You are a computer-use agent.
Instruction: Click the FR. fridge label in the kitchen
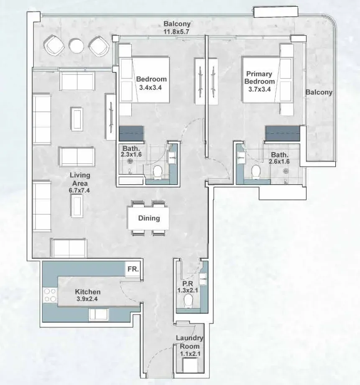coord(133,269)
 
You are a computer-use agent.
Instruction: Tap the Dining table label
coord(149,218)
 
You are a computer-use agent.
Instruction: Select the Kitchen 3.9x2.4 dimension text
coord(87,299)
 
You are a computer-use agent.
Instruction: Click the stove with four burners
coord(50,295)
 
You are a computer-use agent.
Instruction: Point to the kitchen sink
coord(98,314)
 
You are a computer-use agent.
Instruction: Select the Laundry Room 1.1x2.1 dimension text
coord(190,354)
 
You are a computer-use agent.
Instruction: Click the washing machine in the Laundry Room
coord(190,365)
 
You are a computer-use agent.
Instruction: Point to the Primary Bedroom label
coord(260,78)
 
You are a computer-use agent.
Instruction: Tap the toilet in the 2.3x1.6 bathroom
coord(157,171)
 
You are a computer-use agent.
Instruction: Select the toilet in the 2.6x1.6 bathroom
coord(256,171)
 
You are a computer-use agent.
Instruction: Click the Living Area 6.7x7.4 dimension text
coord(79,190)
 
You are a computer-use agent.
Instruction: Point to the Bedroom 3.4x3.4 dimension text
coord(151,87)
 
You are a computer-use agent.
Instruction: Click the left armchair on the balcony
coord(54,45)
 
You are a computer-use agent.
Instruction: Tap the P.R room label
coord(188,283)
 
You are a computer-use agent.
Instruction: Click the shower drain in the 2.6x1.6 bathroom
coord(285,171)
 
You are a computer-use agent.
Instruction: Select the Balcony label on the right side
coord(319,92)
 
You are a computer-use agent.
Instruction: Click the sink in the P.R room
coord(203,279)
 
